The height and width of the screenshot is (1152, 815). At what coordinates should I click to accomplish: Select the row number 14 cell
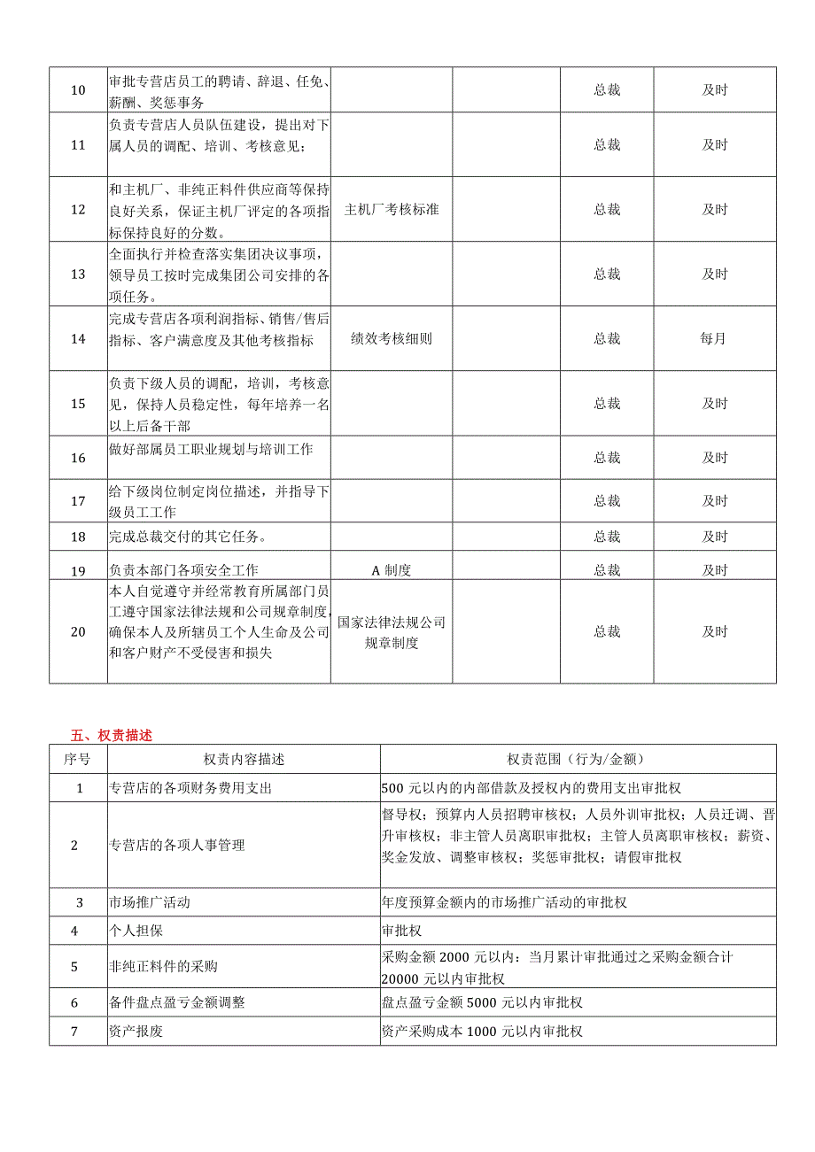click(78, 339)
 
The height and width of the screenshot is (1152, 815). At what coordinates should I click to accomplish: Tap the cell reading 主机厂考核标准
click(392, 210)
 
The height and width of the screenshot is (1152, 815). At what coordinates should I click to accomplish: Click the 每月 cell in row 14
click(714, 339)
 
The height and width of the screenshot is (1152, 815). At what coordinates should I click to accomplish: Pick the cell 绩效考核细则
click(392, 339)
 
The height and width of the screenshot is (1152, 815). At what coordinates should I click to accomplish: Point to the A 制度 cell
click(392, 570)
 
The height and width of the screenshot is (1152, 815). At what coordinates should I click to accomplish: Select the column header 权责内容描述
click(244, 760)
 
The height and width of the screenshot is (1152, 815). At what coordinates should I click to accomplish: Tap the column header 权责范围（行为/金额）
click(578, 760)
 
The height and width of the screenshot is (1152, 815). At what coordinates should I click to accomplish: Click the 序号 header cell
click(78, 760)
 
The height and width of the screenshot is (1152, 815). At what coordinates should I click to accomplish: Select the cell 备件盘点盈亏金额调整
click(176, 1002)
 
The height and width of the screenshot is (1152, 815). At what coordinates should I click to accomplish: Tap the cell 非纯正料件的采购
click(163, 967)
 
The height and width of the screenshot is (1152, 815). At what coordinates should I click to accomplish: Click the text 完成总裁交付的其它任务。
click(188, 537)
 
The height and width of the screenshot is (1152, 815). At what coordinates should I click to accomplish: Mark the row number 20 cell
click(78, 632)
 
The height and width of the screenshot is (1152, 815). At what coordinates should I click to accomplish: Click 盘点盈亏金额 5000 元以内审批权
click(482, 1002)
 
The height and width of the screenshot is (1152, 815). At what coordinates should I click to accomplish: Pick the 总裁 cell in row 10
click(607, 90)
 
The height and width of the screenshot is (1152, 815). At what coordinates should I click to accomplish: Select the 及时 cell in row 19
click(714, 570)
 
